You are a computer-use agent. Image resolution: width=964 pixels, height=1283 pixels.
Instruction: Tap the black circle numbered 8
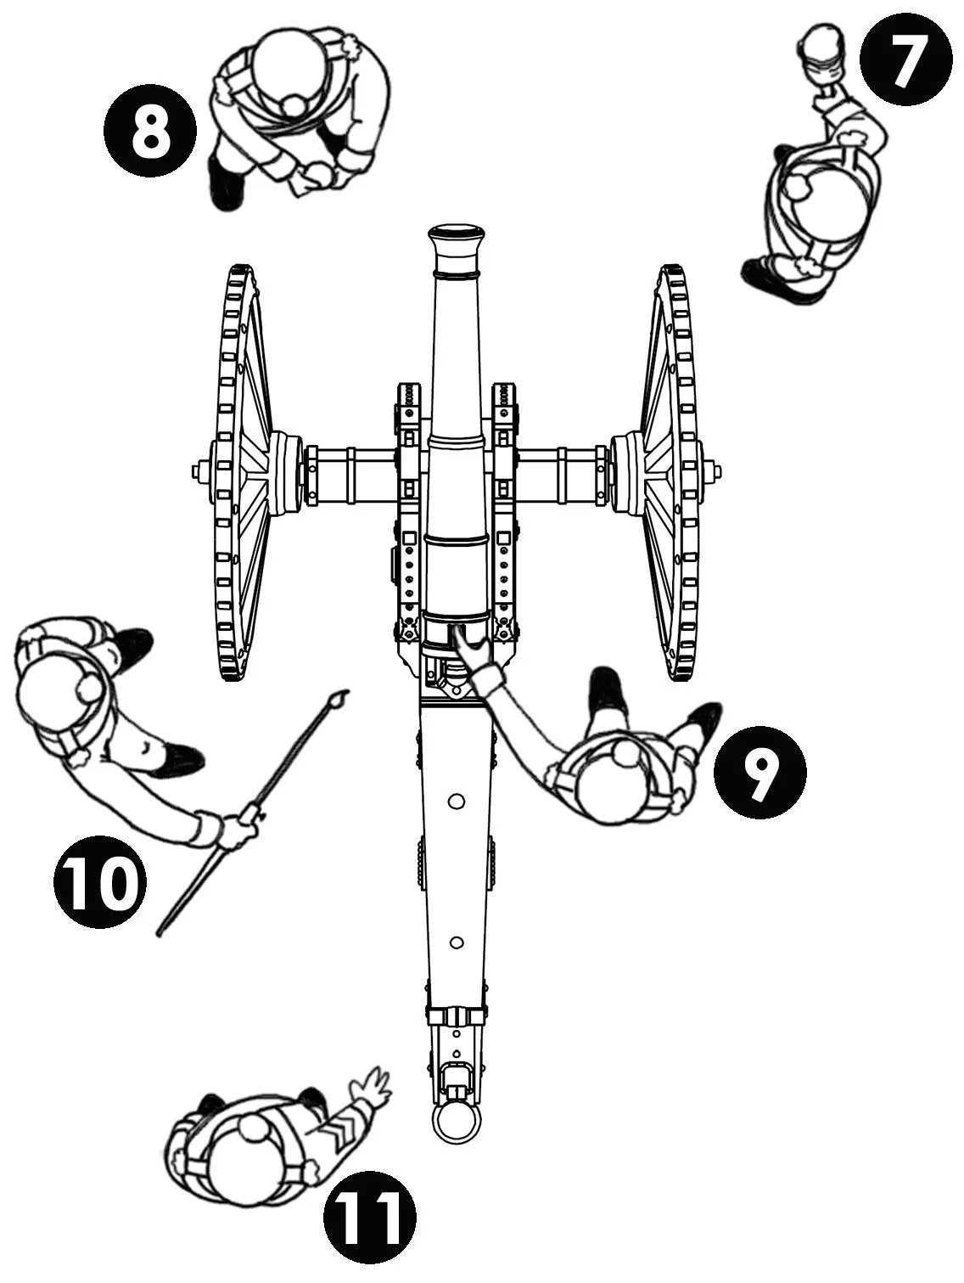pyautogui.click(x=150, y=132)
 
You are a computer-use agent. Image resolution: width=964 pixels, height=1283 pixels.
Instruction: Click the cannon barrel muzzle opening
pyautogui.click(x=457, y=232)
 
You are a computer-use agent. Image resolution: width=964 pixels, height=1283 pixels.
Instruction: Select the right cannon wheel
pyautogui.click(x=670, y=472)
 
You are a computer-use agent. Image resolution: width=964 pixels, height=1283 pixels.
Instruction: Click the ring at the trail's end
pyautogui.click(x=457, y=1123)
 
